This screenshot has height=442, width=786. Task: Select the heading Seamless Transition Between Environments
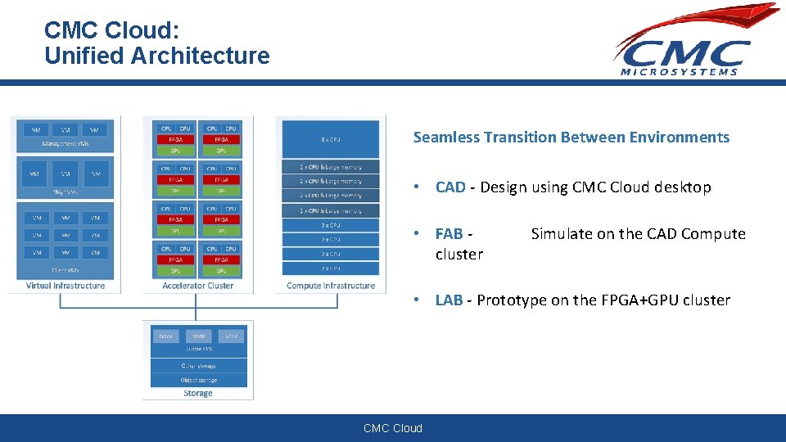(571, 138)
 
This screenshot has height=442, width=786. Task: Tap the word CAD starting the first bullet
(449, 187)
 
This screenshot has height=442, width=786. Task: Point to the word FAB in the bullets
(449, 234)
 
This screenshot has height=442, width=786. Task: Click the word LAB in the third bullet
(449, 300)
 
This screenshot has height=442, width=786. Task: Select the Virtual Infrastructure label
(65, 286)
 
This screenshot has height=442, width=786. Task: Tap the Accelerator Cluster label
(197, 286)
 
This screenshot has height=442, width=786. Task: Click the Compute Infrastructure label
(331, 286)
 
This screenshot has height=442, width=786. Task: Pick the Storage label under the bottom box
(197, 394)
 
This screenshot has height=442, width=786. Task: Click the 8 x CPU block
(331, 138)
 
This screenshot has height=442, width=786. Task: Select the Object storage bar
(198, 380)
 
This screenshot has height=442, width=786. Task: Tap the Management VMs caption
(65, 144)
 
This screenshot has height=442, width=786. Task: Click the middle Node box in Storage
(198, 336)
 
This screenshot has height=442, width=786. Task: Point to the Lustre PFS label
(198, 350)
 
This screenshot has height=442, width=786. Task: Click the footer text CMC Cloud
(393, 428)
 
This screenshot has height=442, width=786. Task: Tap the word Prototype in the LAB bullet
(511, 300)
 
